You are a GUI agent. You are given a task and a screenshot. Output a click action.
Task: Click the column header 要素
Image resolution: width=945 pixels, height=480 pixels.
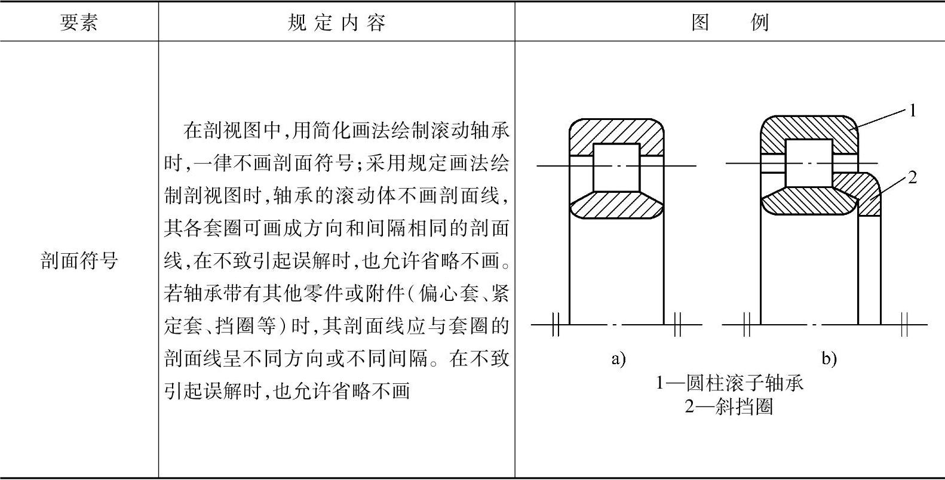79,23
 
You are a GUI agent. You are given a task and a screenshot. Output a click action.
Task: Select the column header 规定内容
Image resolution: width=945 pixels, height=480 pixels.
336,23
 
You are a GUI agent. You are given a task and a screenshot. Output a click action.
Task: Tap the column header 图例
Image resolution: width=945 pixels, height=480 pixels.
730,23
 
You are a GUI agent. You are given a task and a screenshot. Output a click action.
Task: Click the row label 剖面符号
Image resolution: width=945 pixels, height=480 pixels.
79,260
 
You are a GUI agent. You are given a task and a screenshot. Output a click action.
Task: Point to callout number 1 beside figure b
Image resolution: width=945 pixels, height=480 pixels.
912,110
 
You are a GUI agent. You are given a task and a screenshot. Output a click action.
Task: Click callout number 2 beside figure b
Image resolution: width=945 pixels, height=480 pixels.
912,177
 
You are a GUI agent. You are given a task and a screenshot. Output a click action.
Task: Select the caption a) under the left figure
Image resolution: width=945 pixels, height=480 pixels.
618,359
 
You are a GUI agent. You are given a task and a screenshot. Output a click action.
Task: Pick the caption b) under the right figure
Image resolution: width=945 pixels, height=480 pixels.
829,359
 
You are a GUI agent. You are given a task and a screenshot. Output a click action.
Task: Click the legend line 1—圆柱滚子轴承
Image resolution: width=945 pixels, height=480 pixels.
730,382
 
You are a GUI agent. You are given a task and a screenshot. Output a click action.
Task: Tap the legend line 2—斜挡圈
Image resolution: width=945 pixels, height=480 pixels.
730,407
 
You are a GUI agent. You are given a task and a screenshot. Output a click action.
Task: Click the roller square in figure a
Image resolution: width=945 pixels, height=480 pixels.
616,167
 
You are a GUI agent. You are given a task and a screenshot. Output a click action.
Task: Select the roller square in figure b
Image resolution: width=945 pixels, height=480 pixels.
808,163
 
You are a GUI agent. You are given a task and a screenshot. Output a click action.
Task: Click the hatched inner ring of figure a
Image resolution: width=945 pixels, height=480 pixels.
616,206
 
